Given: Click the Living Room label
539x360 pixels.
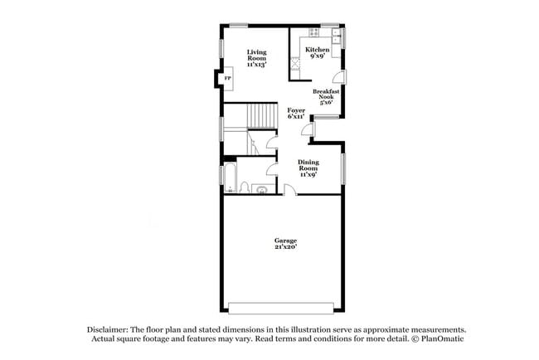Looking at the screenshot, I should click(256, 58).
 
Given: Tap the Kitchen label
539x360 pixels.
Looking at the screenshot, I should click(317, 54).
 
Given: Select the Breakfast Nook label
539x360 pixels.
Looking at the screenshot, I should click(323, 96).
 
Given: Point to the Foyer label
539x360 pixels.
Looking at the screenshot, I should click(296, 114).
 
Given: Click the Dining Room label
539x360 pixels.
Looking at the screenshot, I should click(308, 168).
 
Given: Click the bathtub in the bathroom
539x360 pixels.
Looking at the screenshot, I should click(231, 177).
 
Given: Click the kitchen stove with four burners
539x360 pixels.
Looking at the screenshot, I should click(295, 63).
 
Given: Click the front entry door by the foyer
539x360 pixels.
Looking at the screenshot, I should click(308, 129).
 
